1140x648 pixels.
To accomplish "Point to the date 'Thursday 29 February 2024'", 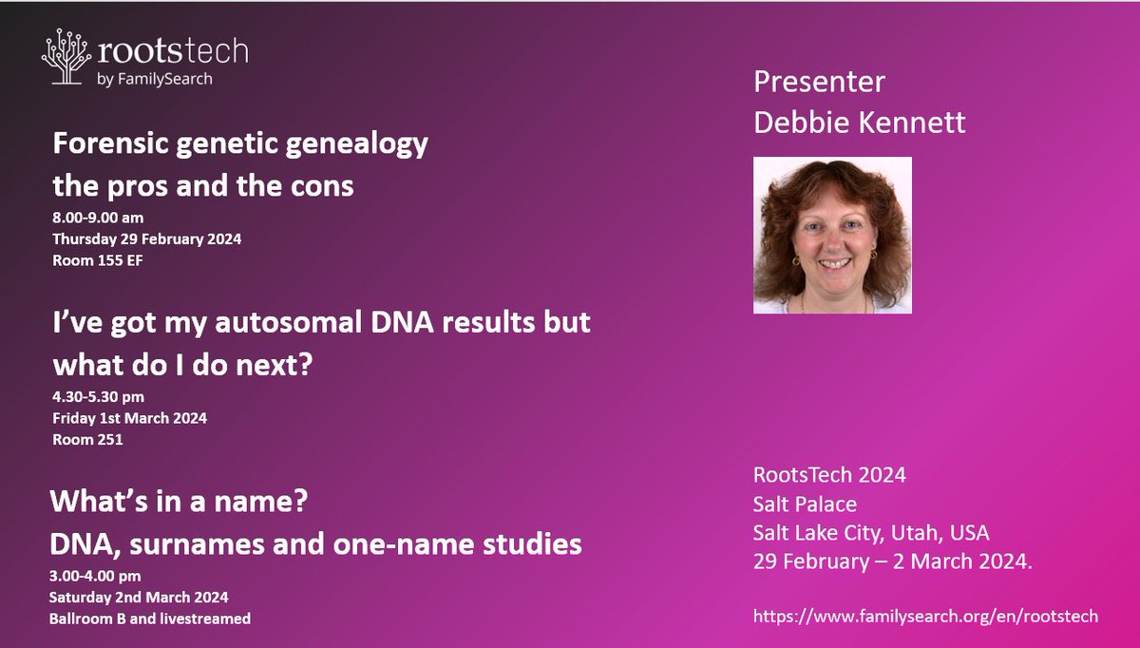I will (x=147, y=238).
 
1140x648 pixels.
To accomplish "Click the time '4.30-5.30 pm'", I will (x=99, y=396).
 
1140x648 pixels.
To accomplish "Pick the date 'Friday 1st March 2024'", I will (x=129, y=417).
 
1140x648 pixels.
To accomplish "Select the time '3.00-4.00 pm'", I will (x=99, y=577).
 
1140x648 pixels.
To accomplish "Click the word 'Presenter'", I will (x=819, y=83).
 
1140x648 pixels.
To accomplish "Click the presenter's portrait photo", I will (x=832, y=235).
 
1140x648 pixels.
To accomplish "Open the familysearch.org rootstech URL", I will (x=925, y=616).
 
